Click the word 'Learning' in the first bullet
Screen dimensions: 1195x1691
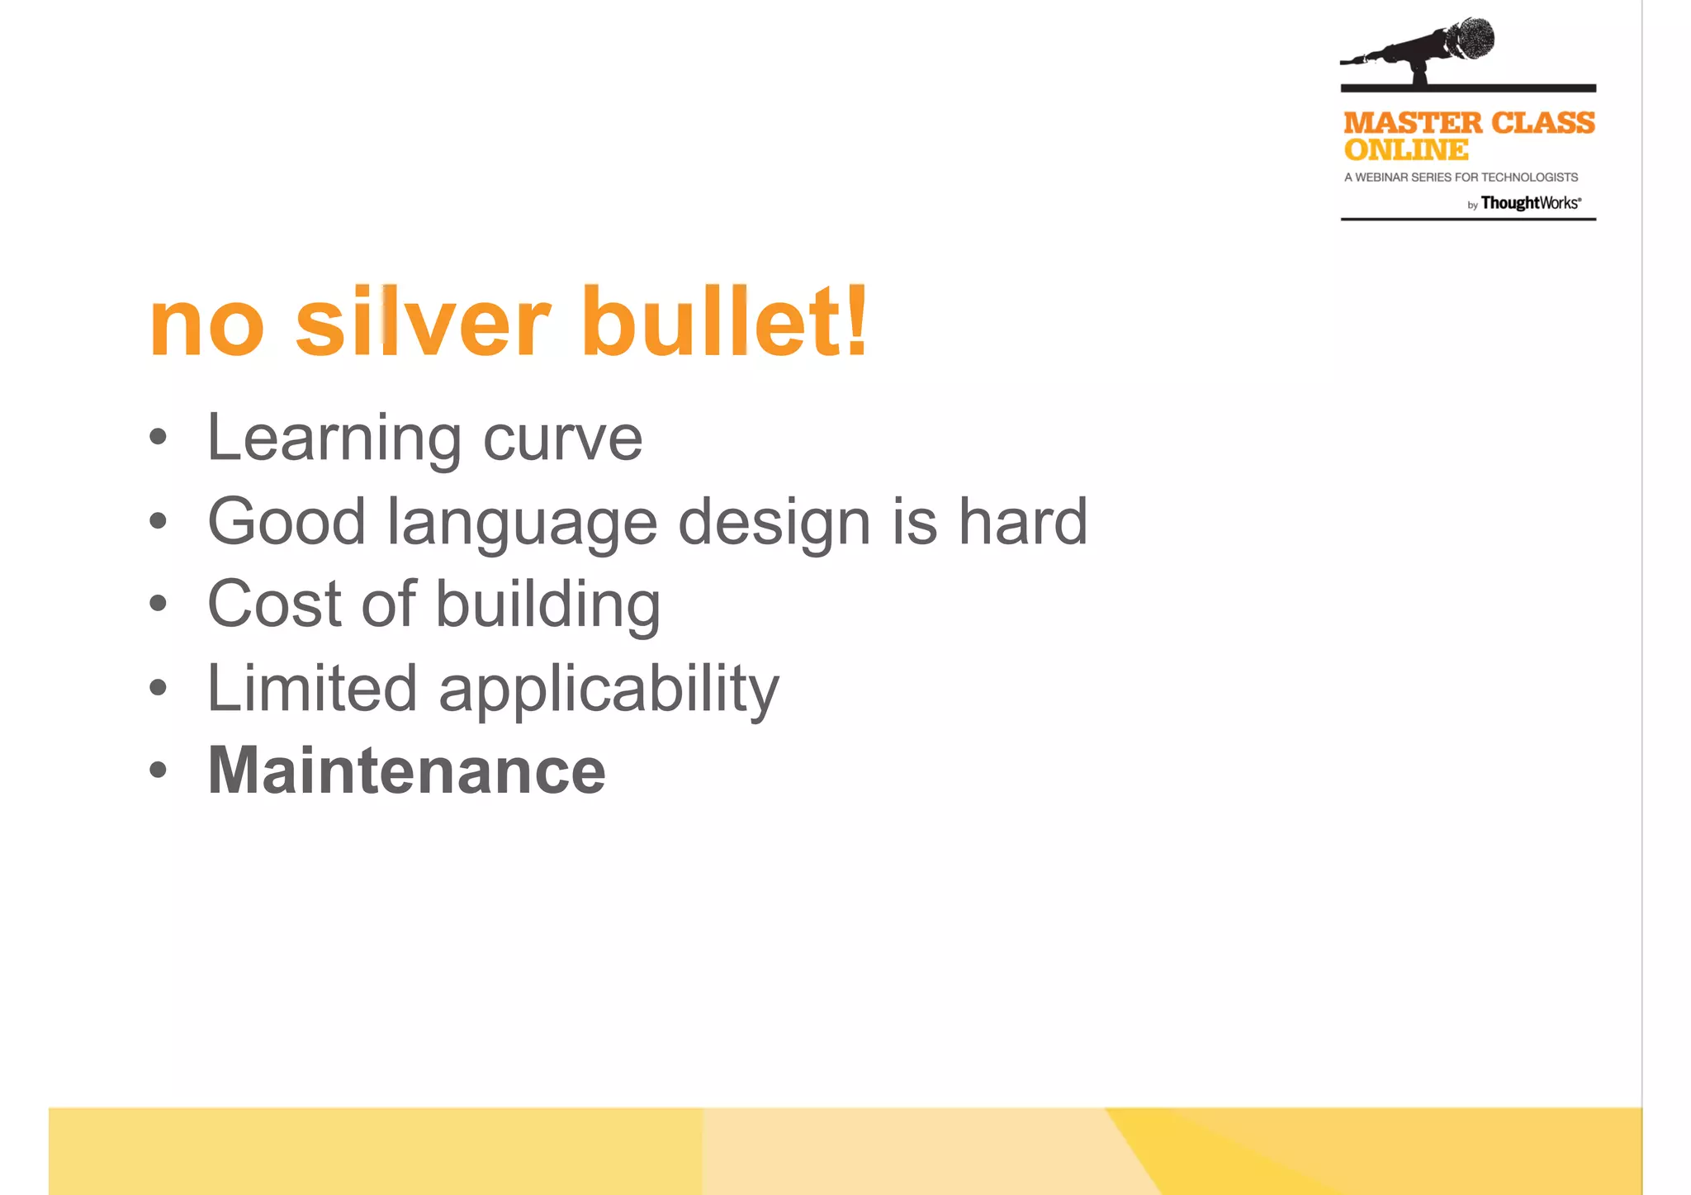334,439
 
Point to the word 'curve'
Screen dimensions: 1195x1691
562,440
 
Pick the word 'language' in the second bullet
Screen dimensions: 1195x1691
522,524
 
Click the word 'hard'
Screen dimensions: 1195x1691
1022,522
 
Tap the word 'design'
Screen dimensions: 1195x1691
774,524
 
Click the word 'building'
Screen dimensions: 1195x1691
547,605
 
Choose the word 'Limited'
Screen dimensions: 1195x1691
311,688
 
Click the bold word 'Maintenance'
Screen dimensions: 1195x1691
406,771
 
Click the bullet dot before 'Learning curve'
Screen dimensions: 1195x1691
159,438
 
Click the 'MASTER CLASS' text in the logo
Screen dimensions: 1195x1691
1469,123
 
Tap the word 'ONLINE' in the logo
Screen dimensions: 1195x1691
1406,150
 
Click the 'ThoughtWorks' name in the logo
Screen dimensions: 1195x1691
1530,203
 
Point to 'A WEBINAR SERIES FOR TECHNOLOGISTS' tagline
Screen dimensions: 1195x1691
1461,178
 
